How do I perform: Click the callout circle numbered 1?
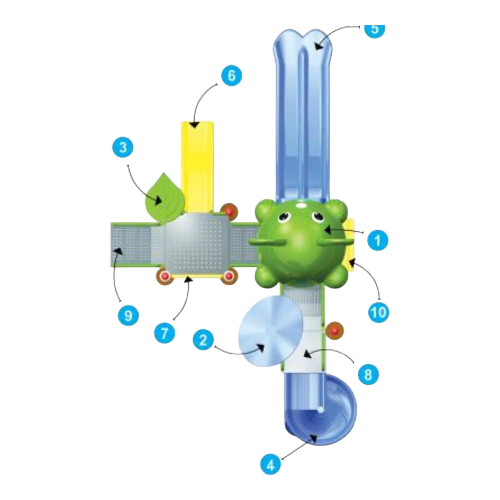click(x=378, y=240)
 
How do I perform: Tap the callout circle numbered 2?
click(x=203, y=340)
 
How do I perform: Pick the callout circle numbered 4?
click(x=271, y=465)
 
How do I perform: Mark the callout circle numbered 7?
click(x=164, y=333)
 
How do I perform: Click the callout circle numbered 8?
click(x=368, y=375)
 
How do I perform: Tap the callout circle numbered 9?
click(x=128, y=315)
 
